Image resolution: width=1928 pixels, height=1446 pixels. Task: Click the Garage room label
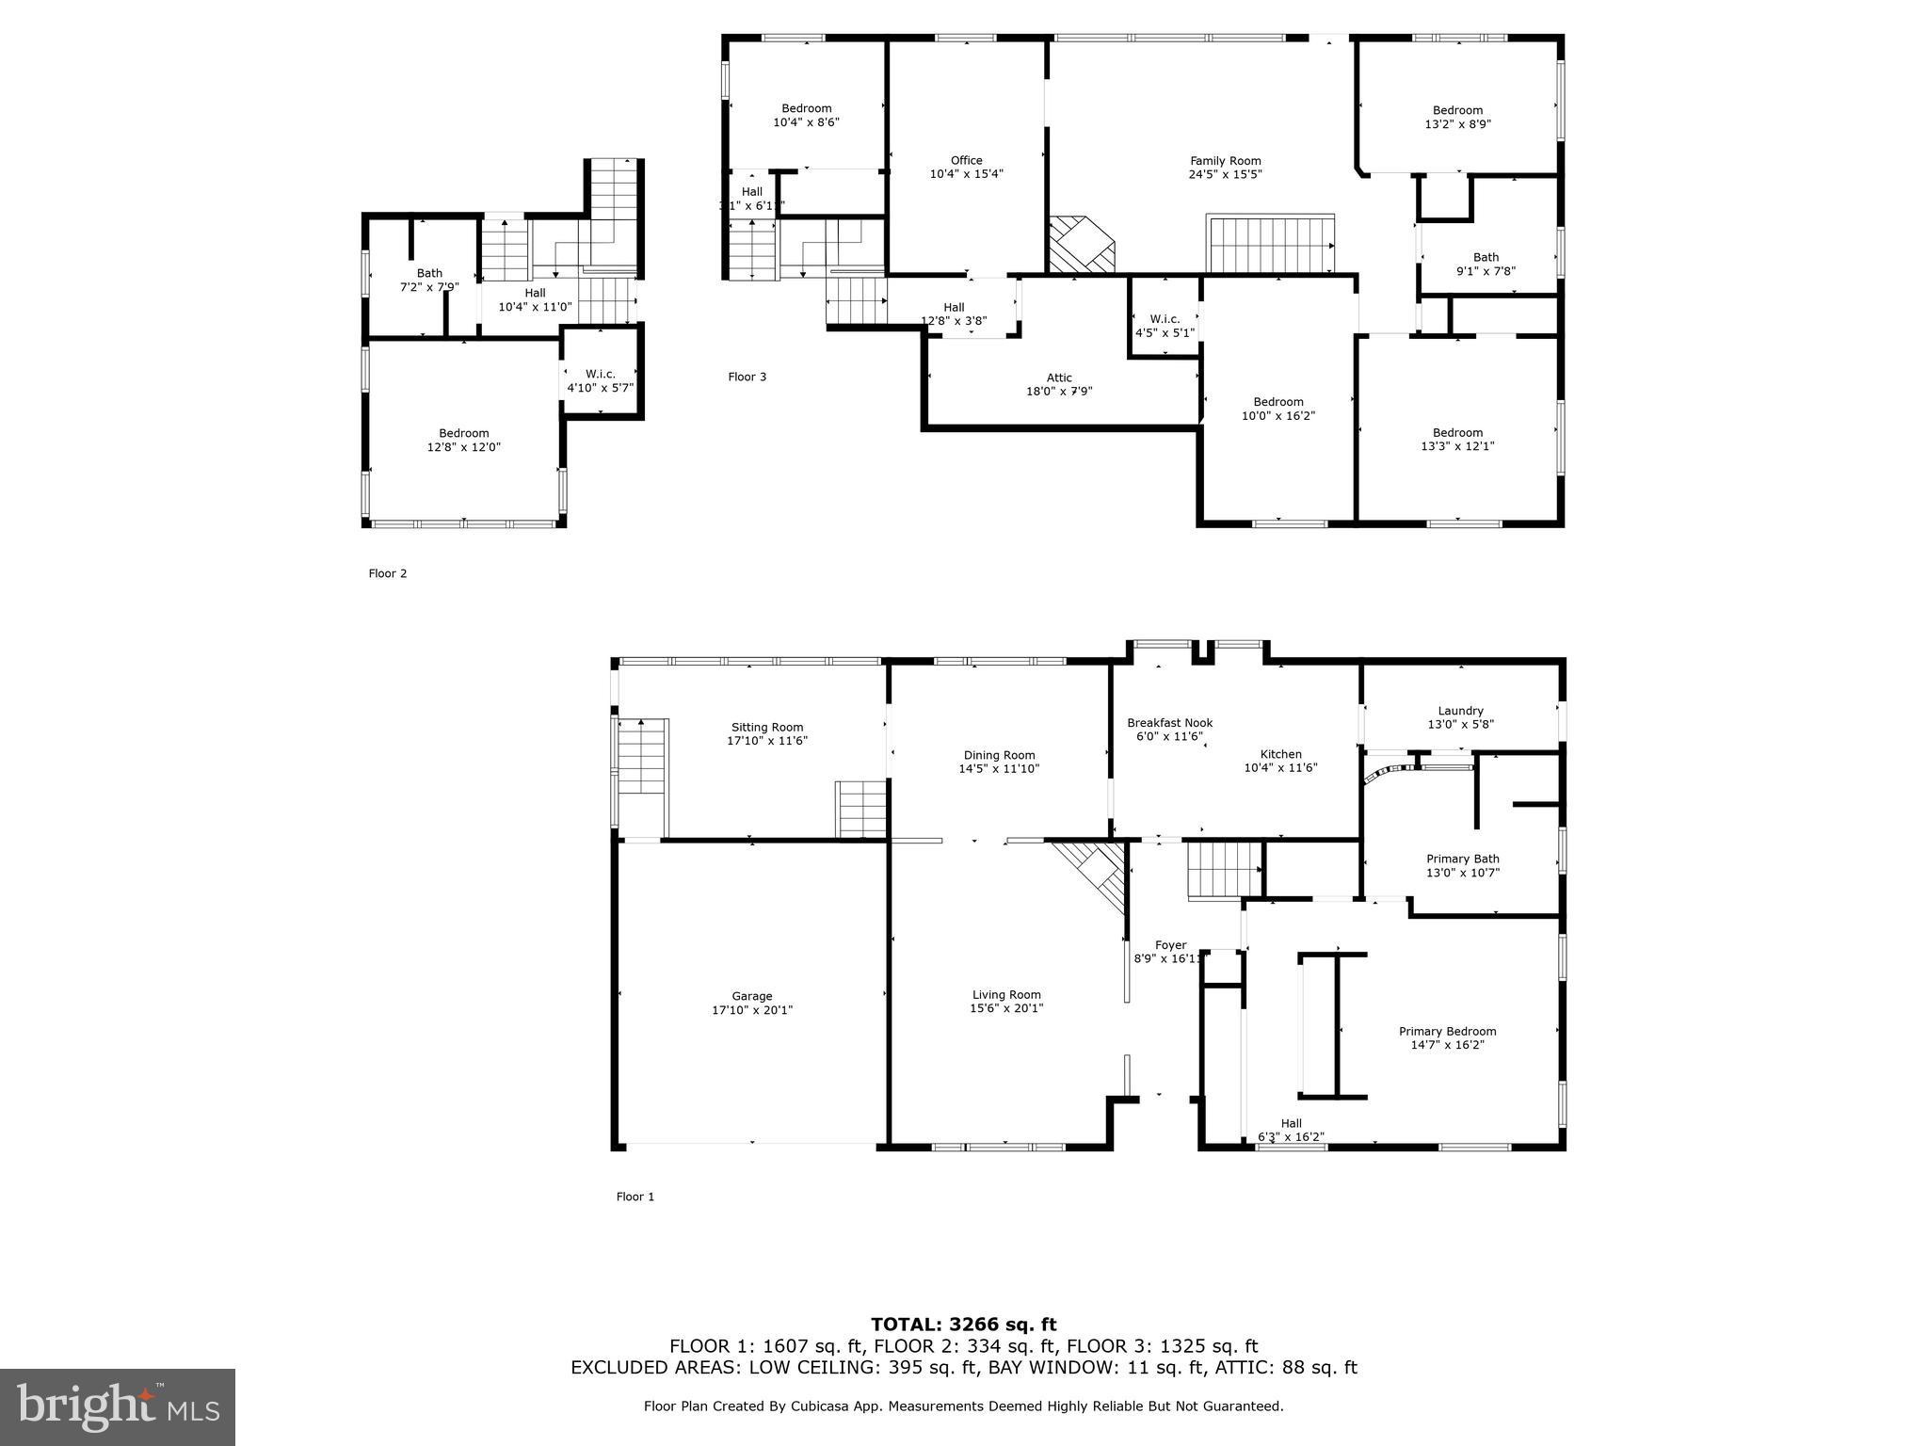(x=751, y=996)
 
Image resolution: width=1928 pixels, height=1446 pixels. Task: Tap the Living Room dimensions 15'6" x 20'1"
(x=1005, y=1008)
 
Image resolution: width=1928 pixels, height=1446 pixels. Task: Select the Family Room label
(x=1225, y=161)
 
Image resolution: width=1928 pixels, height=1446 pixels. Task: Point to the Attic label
(x=1059, y=378)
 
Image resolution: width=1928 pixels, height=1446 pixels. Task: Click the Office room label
(x=966, y=160)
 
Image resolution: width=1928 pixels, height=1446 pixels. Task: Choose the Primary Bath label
(x=1462, y=859)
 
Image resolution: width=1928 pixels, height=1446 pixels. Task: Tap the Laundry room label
(x=1460, y=711)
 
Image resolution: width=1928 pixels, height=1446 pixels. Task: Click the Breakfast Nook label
(x=1169, y=723)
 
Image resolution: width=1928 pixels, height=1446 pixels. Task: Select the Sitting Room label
(x=767, y=727)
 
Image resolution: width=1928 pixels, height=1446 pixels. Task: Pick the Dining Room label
(x=999, y=755)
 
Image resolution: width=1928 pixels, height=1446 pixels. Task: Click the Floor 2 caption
(x=388, y=573)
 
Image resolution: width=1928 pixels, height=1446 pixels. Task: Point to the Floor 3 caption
(x=747, y=377)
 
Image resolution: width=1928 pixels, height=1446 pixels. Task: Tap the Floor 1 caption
(x=635, y=1197)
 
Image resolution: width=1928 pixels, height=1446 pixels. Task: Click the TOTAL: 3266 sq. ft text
(x=963, y=1325)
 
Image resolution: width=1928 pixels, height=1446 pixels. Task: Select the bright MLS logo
(x=118, y=1406)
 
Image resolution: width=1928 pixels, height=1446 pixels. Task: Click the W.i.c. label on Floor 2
(x=600, y=374)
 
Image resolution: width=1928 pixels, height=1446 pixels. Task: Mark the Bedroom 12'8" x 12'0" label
(x=463, y=441)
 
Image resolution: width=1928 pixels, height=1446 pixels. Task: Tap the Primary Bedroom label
(x=1447, y=1031)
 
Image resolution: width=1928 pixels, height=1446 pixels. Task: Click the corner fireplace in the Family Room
(x=1082, y=245)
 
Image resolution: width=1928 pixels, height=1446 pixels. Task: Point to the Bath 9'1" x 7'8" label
(x=1486, y=264)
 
